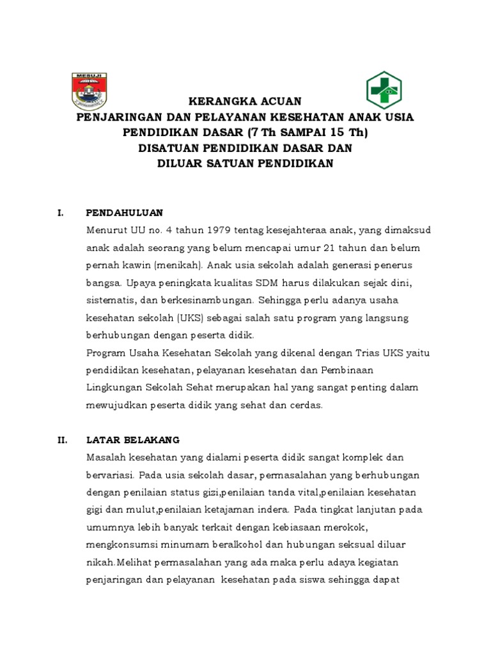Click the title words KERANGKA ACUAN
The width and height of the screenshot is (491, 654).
point(243,102)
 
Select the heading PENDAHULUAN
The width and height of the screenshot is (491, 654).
point(125,212)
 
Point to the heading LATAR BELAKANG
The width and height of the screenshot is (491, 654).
point(133,440)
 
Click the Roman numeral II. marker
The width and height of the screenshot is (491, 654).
point(62,440)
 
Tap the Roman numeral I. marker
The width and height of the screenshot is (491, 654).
point(60,212)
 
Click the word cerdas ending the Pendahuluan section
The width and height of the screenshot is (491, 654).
point(307,404)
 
